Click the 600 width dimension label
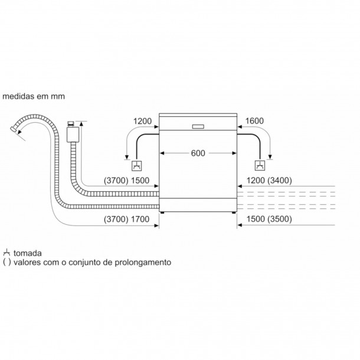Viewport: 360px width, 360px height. click(x=198, y=153)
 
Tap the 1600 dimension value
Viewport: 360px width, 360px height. click(x=254, y=121)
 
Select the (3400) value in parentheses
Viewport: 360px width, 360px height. click(x=280, y=181)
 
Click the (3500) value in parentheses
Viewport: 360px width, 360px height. click(x=280, y=219)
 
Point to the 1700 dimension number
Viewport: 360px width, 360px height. click(x=140, y=220)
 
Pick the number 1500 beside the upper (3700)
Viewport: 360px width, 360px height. click(x=140, y=181)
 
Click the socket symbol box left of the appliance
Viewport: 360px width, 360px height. click(x=136, y=166)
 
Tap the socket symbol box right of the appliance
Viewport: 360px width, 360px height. click(x=260, y=165)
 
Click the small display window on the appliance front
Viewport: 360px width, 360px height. click(x=198, y=126)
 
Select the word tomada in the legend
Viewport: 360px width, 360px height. click(x=28, y=253)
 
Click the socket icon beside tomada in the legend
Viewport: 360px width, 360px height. click(x=6, y=253)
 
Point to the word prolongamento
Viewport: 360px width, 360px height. click(x=143, y=262)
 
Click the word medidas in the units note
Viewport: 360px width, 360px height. click(x=18, y=96)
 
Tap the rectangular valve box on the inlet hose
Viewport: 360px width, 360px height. click(x=73, y=135)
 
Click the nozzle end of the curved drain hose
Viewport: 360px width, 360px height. click(x=14, y=129)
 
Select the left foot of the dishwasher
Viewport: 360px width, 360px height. click(x=162, y=212)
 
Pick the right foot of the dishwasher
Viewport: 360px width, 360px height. click(x=234, y=212)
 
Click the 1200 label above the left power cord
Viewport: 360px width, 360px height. click(x=142, y=121)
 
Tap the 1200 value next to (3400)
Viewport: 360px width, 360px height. click(x=256, y=181)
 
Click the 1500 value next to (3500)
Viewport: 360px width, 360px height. click(x=256, y=219)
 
